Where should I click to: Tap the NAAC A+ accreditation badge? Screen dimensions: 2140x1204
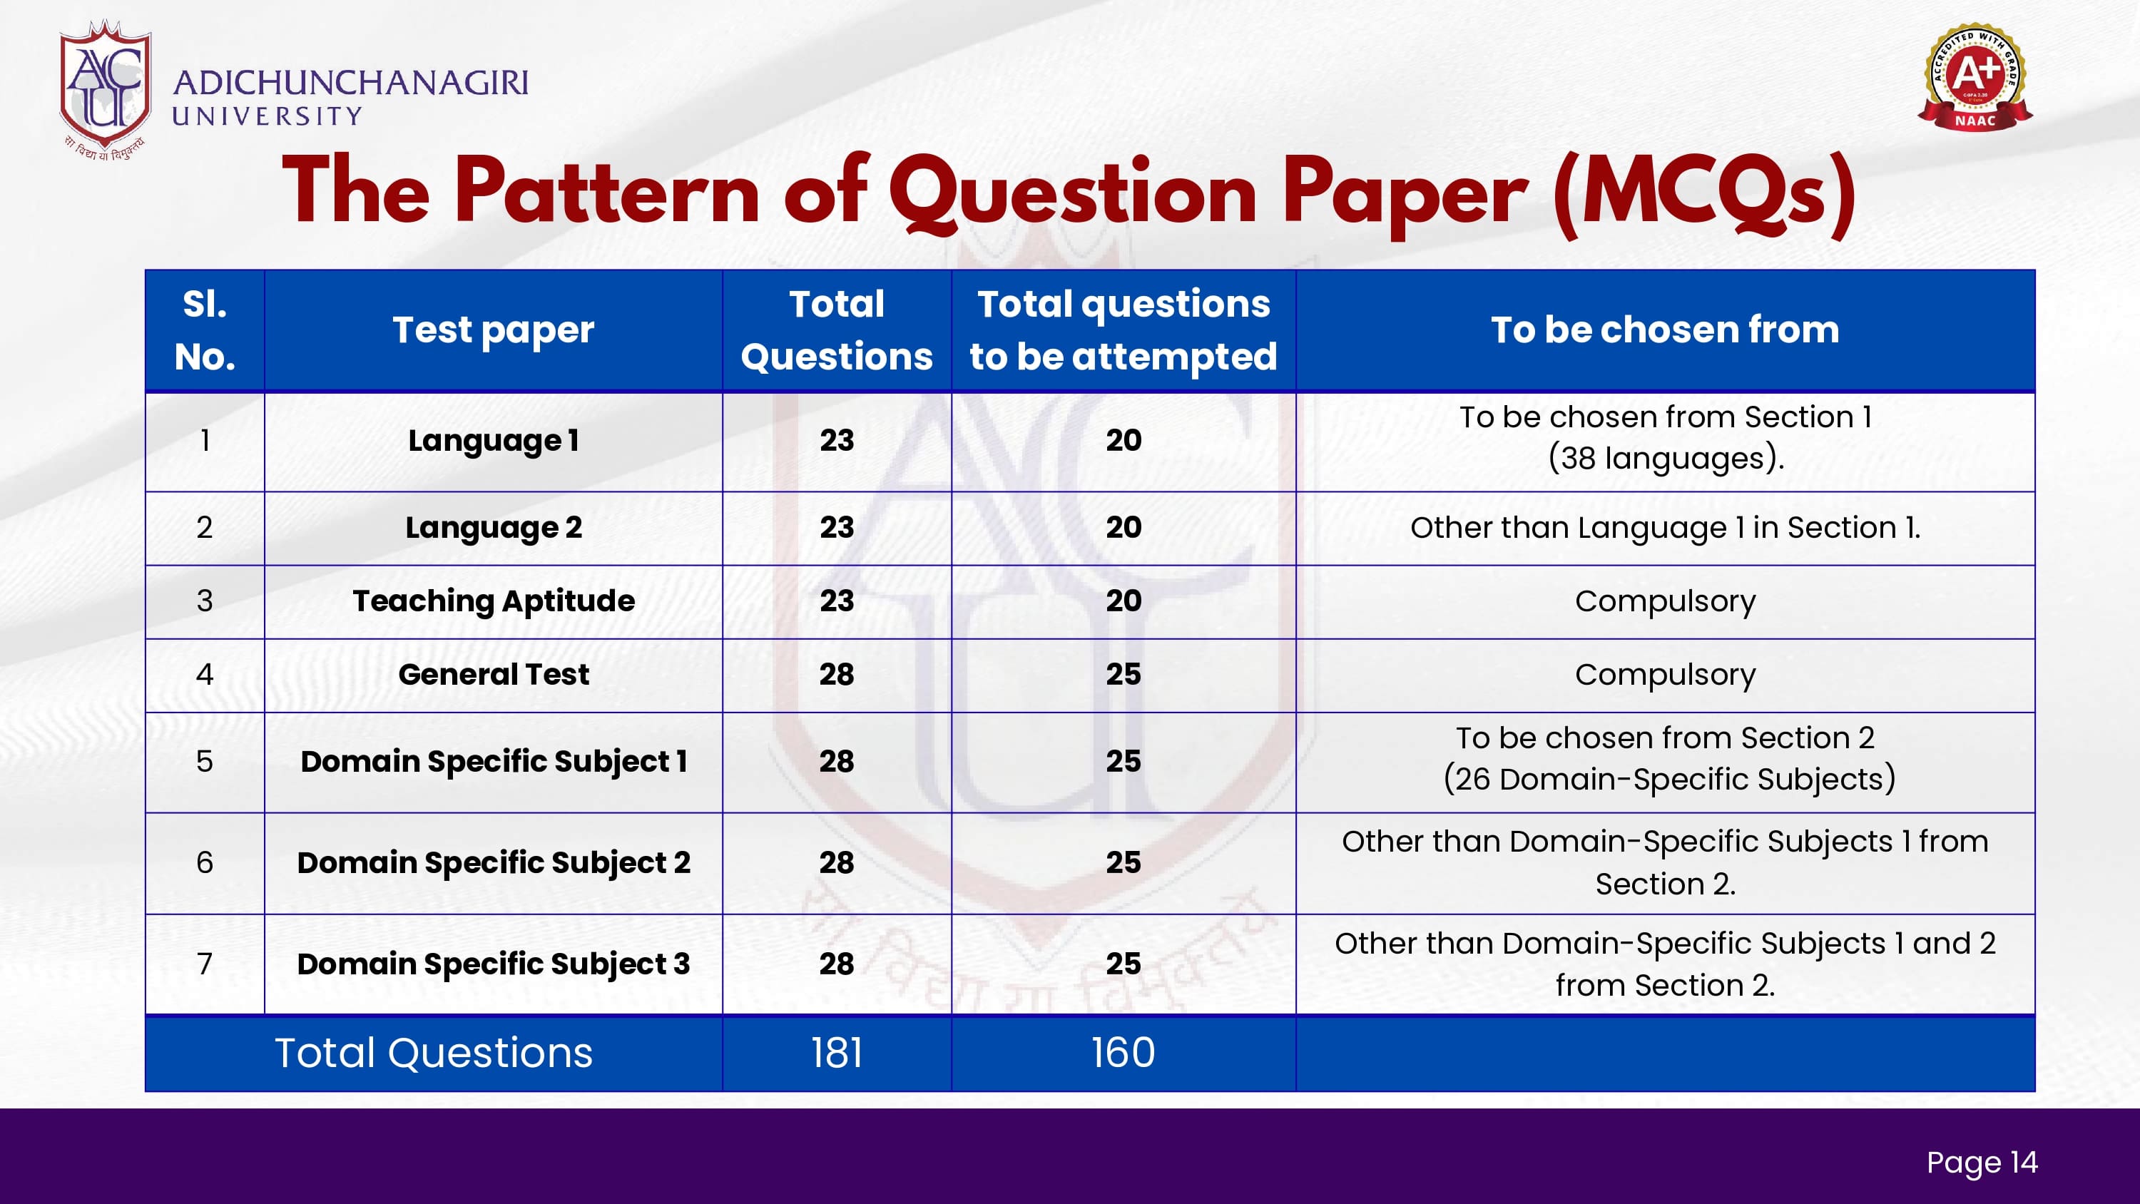tap(1975, 76)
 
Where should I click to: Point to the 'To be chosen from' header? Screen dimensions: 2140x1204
tap(1665, 330)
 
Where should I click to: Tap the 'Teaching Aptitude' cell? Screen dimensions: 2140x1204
tap(494, 601)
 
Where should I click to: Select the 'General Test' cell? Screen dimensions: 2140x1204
tap(494, 674)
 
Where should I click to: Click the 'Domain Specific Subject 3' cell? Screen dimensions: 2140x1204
tap(494, 964)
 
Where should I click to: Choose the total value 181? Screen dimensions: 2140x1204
tap(837, 1053)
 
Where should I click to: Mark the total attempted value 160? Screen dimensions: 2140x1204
tap(1123, 1053)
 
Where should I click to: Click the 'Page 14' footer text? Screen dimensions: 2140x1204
tap(1982, 1163)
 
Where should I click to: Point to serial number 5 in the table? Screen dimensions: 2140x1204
tap(204, 761)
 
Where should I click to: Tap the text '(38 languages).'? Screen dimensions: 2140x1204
tap(1666, 459)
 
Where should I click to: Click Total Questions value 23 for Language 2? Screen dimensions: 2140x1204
tap(837, 528)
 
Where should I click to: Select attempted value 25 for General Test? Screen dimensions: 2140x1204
tap(1123, 674)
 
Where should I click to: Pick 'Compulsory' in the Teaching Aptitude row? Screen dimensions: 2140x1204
tap(1666, 601)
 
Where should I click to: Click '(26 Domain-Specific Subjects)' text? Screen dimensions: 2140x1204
tap(1669, 780)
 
